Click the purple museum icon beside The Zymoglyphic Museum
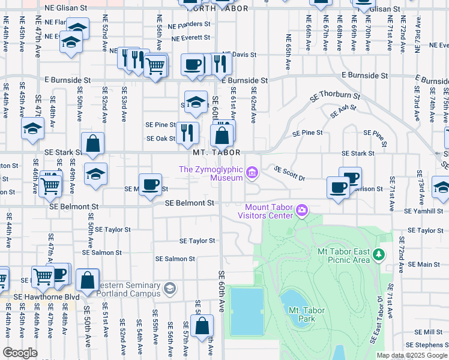click(x=252, y=174)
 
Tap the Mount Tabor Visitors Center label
click(x=265, y=210)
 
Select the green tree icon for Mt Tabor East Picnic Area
click(x=379, y=255)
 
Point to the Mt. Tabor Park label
click(x=301, y=314)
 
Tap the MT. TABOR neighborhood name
click(x=217, y=153)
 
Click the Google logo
click(x=20, y=353)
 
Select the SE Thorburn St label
click(x=335, y=95)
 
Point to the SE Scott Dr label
click(x=289, y=173)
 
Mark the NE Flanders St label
click(x=189, y=26)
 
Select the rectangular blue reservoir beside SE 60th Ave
click(x=247, y=311)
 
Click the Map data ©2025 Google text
click(x=412, y=355)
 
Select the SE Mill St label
click(x=432, y=332)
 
